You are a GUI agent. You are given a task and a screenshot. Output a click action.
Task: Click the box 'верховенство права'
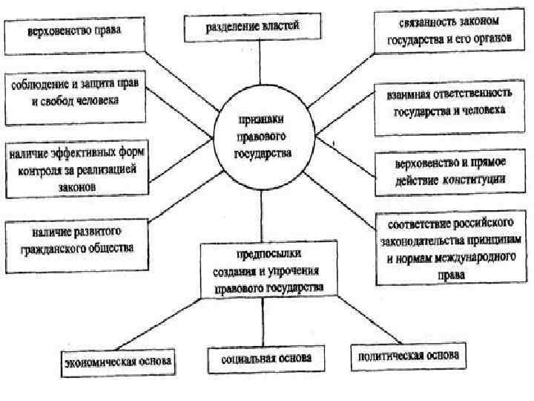click(74, 33)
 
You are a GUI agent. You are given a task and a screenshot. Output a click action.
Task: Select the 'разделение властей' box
click(253, 27)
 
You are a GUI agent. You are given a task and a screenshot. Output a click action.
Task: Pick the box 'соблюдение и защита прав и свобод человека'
click(73, 93)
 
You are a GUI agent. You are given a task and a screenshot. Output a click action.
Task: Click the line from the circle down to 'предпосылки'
click(262, 215)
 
